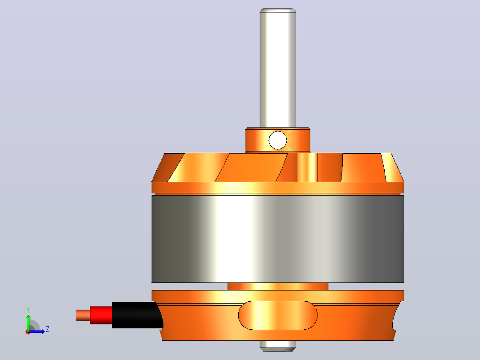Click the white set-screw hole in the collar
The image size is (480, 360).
[278, 140]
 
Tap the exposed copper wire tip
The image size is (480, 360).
[83, 315]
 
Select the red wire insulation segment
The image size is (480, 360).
[101, 315]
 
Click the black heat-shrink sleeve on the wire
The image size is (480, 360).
[137, 315]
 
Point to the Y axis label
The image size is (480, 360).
[28, 310]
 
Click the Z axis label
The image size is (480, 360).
[48, 329]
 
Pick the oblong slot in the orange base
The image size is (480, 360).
[278, 315]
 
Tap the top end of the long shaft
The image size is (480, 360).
[278, 10]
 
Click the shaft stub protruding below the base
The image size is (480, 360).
[278, 346]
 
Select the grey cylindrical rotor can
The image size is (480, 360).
[278, 239]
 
